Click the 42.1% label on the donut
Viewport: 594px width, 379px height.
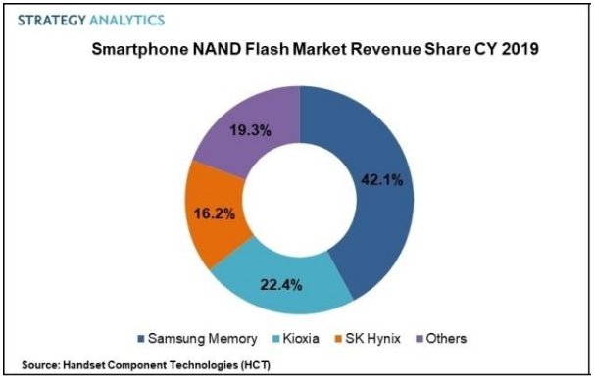pos(382,180)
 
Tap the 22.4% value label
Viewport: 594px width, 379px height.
pos(280,285)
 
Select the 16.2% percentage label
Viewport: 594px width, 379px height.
pos(215,214)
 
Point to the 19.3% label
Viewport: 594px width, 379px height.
pos(250,130)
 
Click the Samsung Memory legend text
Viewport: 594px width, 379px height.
pos(203,338)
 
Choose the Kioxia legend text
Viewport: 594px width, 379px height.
pos(301,338)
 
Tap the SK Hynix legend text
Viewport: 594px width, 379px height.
pos(372,339)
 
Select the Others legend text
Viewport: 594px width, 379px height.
pos(446,338)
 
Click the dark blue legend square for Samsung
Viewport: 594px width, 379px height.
pos(141,339)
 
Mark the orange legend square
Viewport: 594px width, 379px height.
pos(339,339)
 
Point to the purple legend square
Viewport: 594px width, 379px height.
pos(420,339)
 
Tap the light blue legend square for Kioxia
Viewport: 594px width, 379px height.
pos(276,339)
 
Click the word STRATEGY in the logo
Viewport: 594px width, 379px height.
pos(52,20)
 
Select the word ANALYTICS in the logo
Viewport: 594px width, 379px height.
pos(127,20)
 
